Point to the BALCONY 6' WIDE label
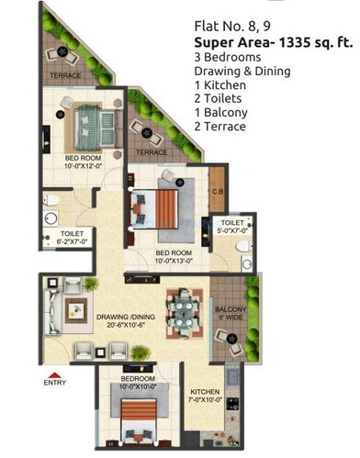230,314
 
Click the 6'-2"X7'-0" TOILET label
73,238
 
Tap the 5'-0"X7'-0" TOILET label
231,226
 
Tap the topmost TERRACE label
66,75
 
